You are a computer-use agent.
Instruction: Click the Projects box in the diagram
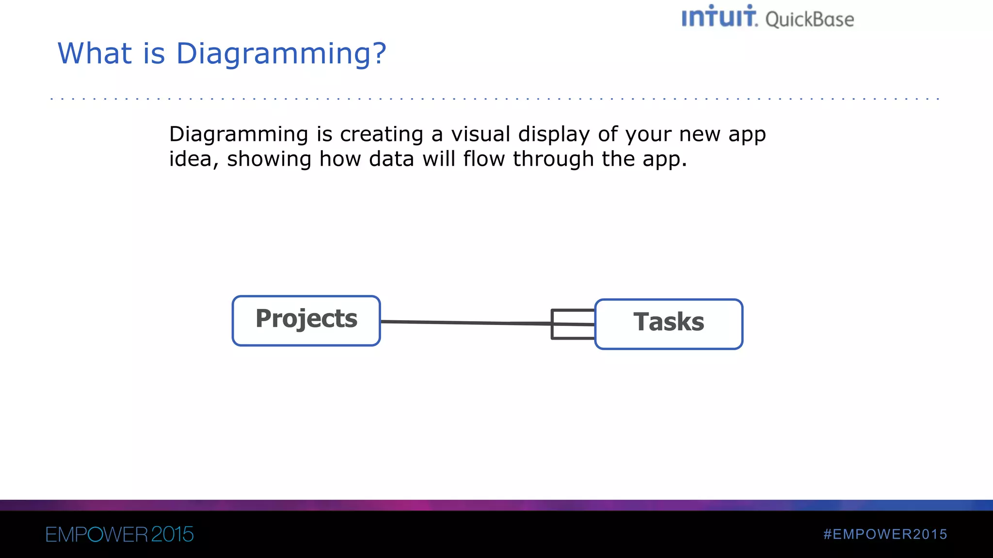(306, 320)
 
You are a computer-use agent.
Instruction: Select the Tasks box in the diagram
(669, 324)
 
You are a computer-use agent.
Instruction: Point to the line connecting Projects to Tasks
(465, 322)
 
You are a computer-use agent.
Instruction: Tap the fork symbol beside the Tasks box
(573, 324)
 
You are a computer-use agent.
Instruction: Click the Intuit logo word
(719, 17)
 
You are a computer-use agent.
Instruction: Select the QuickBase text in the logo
(809, 20)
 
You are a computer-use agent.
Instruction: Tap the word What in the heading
(95, 53)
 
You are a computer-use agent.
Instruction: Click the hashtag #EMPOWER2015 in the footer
(885, 534)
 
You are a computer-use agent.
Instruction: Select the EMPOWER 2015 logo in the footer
(119, 534)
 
